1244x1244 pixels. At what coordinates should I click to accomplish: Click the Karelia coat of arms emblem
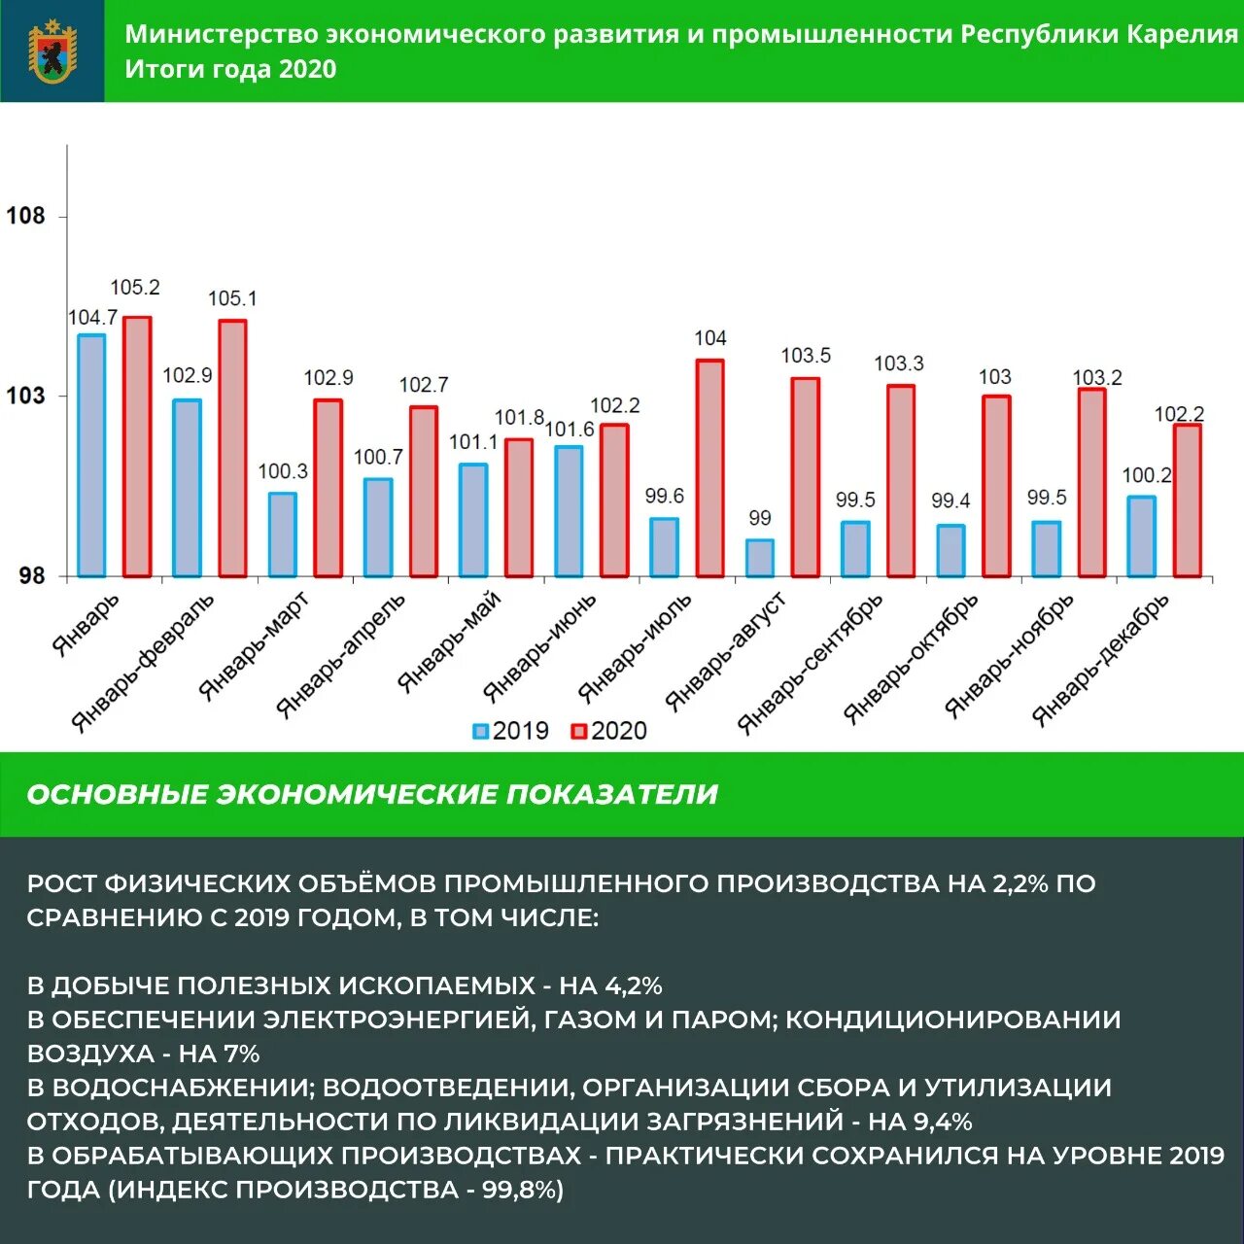(x=52, y=52)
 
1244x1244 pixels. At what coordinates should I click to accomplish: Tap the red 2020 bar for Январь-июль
(x=710, y=468)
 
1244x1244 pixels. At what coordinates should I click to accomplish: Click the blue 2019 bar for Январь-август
(x=760, y=558)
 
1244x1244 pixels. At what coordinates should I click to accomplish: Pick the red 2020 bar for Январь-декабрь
(x=1188, y=501)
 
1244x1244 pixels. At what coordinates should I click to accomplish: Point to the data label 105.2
(x=134, y=288)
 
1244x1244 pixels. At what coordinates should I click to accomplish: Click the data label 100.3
(x=283, y=471)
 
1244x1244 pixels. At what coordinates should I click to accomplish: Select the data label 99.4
(x=950, y=501)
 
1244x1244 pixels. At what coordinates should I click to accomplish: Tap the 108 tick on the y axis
(x=26, y=216)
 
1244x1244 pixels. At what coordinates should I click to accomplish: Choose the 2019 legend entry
(x=510, y=731)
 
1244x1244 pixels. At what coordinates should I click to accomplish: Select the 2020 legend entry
(x=608, y=731)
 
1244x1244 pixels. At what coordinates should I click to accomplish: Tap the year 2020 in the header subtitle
(x=307, y=70)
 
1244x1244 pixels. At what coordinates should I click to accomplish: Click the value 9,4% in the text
(x=943, y=1122)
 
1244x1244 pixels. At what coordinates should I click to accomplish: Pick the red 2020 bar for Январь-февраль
(x=232, y=448)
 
